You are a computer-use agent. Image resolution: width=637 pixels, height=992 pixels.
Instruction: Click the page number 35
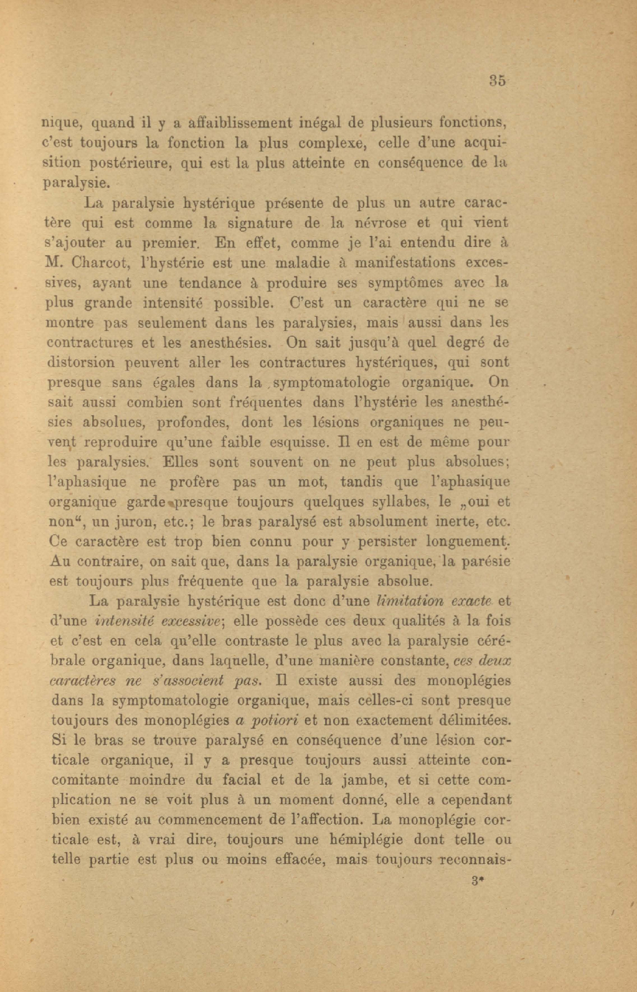[497, 81]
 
